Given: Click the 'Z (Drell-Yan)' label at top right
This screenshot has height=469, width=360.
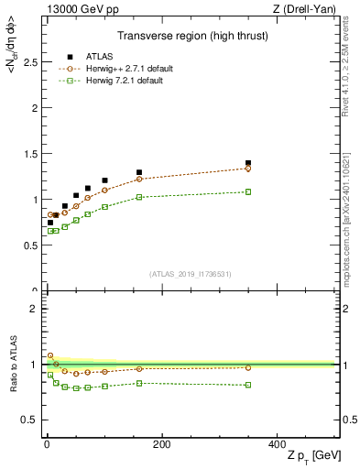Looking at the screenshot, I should coord(308,8).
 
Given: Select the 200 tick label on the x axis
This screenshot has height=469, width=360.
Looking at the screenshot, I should coord(161,444).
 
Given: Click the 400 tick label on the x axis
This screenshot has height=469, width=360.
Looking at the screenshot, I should coord(277,444).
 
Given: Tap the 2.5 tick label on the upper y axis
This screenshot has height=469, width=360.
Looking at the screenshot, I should coord(31,62).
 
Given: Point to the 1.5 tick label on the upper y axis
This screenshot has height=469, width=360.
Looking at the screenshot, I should coord(31,154).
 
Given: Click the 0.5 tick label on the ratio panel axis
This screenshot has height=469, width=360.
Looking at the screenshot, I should coord(31,420).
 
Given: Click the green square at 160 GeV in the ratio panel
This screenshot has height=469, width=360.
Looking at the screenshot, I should coord(139,383).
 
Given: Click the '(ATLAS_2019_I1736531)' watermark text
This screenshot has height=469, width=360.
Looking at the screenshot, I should coord(191,274).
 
